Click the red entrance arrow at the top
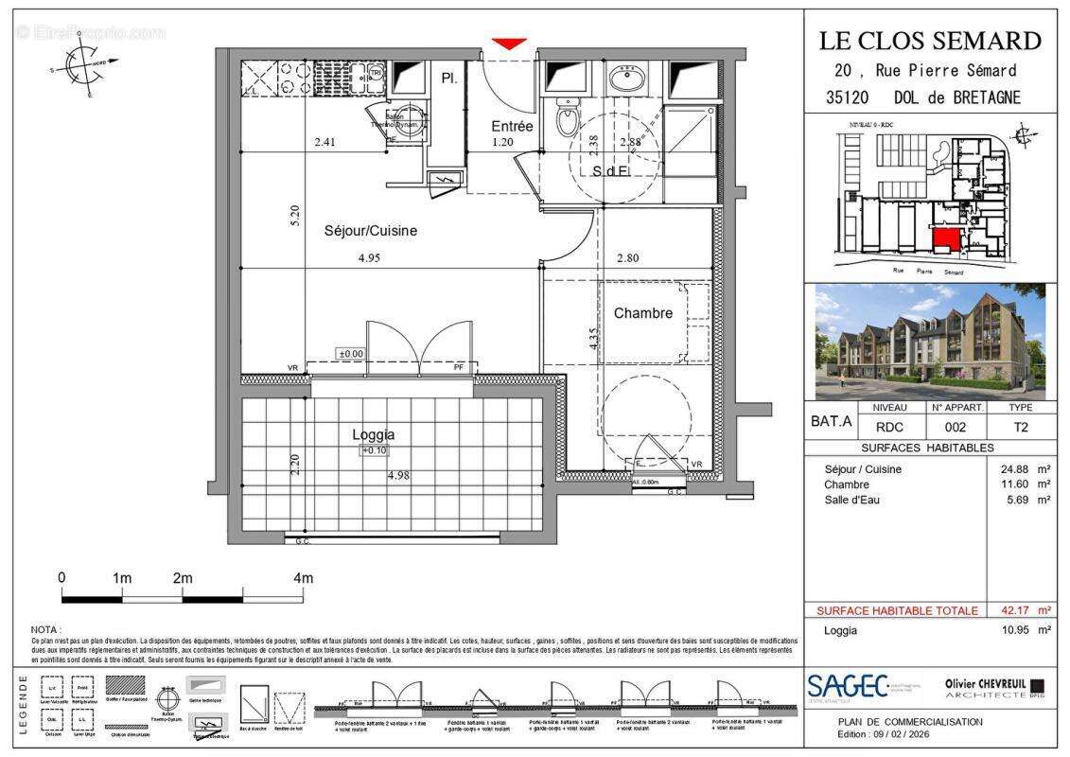509,44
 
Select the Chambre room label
642,313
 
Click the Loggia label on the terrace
373,435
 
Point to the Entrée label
512,126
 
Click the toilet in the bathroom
568,121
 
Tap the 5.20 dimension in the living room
295,216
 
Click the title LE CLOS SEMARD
930,41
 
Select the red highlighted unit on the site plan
944,239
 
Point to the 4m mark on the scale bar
303,577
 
